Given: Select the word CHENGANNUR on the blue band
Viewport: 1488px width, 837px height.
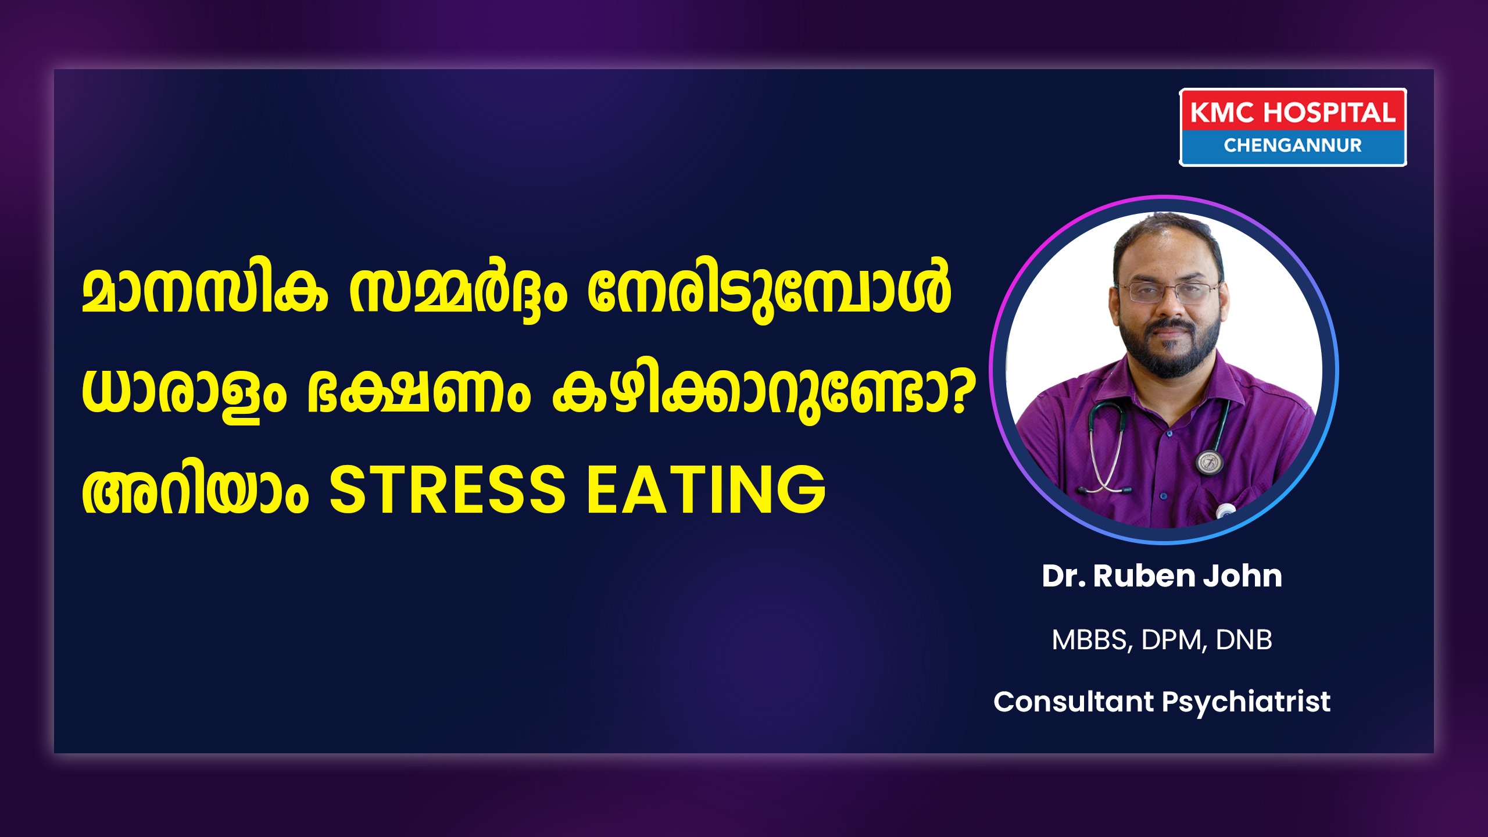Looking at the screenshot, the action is (x=1293, y=145).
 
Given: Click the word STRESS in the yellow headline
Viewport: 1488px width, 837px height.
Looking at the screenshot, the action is (x=447, y=490).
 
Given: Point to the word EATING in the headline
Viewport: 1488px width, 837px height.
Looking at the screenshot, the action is (x=706, y=490).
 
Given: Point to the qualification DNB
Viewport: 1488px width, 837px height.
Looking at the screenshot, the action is (x=1244, y=639).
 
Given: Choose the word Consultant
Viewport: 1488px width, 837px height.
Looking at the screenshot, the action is (x=1073, y=701).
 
